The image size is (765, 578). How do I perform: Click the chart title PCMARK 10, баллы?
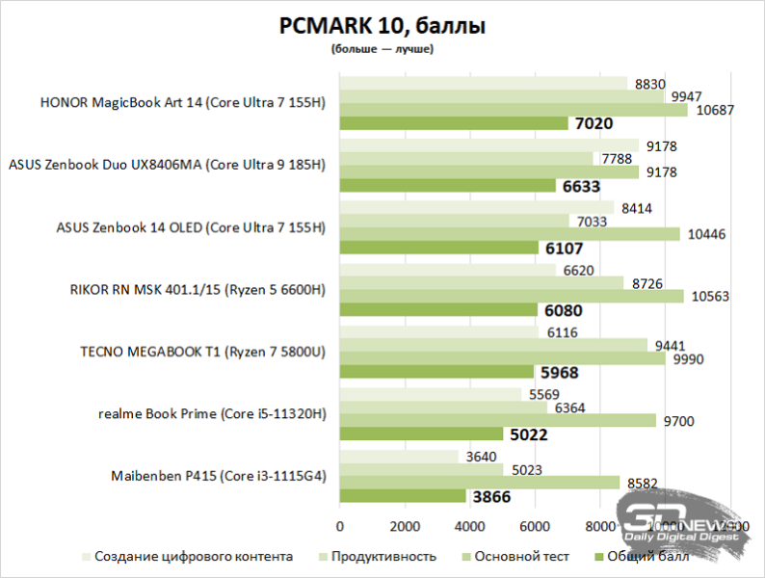(382, 26)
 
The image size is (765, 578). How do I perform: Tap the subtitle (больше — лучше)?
(382, 48)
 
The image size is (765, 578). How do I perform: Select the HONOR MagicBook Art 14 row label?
(183, 103)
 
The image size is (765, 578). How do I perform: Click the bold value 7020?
(594, 123)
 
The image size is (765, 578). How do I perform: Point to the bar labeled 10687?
(514, 110)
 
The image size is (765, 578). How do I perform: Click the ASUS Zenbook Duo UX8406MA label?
(167, 166)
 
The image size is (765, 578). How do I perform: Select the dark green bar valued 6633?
(447, 186)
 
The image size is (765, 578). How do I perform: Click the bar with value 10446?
(510, 234)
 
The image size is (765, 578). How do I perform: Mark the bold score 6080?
(564, 310)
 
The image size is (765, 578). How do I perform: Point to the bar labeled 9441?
(493, 345)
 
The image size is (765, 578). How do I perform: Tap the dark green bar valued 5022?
(421, 434)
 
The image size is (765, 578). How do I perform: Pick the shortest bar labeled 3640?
(399, 456)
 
